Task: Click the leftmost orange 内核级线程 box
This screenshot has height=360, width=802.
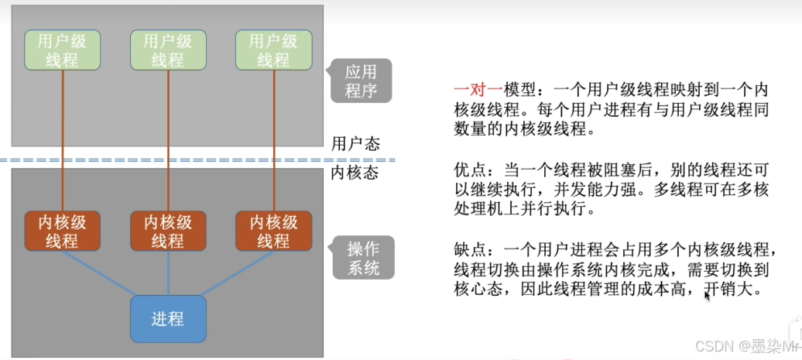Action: [62, 231]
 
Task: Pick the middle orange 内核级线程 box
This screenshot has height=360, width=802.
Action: [167, 231]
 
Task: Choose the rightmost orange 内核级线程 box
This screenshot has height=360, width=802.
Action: [272, 231]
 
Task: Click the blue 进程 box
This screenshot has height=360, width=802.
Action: [168, 319]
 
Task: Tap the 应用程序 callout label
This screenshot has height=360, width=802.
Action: [361, 81]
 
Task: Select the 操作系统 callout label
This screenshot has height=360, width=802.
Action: [362, 259]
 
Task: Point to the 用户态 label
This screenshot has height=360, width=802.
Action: [355, 143]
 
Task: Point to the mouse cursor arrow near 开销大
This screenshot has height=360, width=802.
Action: [707, 294]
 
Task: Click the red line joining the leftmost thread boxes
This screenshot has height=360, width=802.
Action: [62, 139]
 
